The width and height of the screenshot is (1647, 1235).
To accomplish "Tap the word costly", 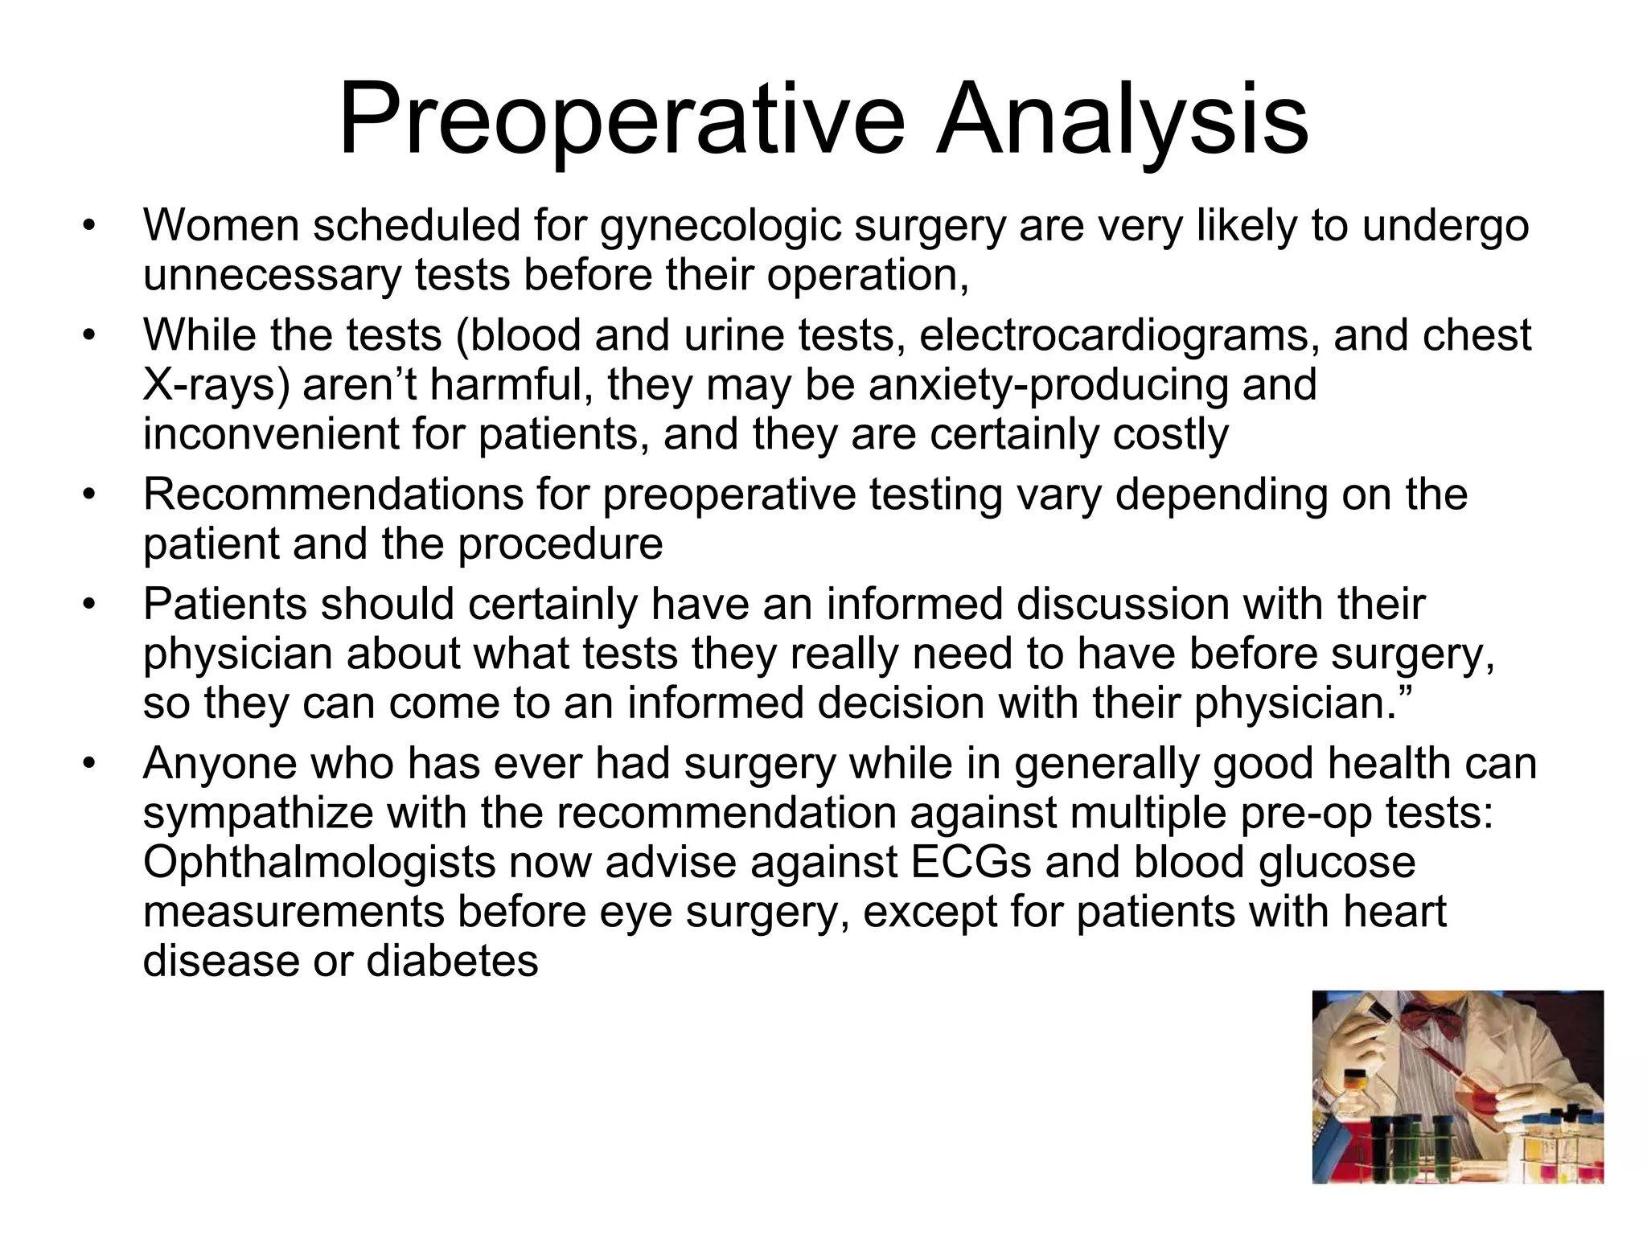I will point(1171,435).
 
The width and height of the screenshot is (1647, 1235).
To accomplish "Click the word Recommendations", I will point(333,494).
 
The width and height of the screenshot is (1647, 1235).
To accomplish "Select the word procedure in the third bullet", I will point(561,544).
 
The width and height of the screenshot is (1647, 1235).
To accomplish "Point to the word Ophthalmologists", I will point(318,863).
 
